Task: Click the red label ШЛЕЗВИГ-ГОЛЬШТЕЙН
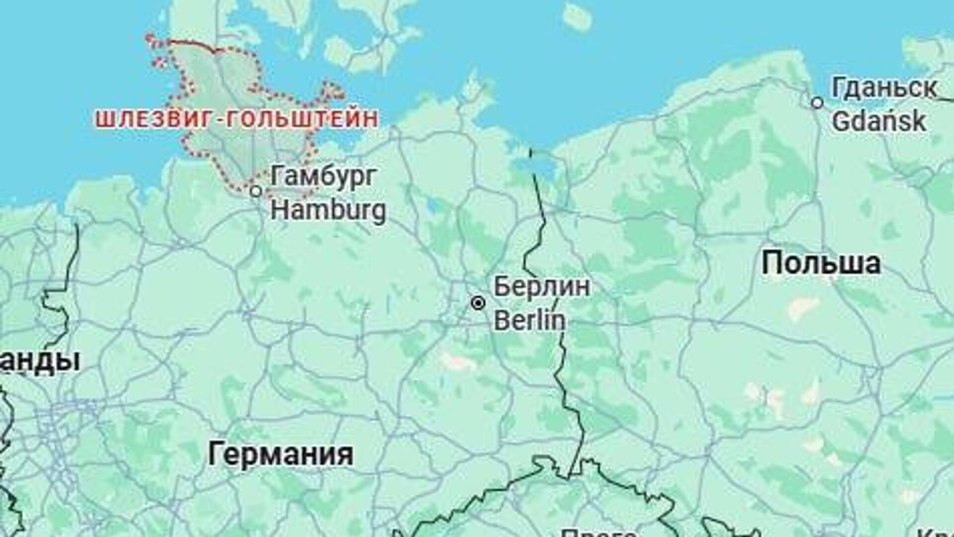[237, 119]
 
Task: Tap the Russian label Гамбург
[323, 176]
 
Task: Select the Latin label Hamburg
[328, 210]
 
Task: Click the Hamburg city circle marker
[256, 191]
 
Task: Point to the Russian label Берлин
[542, 287]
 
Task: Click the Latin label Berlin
[530, 320]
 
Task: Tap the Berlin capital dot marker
[478, 303]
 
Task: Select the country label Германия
[281, 455]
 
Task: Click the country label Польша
[821, 263]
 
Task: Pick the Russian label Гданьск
[884, 88]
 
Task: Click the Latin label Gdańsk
[879, 122]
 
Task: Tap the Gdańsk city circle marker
[817, 103]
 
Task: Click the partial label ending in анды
[40, 361]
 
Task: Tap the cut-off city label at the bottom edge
[599, 533]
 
